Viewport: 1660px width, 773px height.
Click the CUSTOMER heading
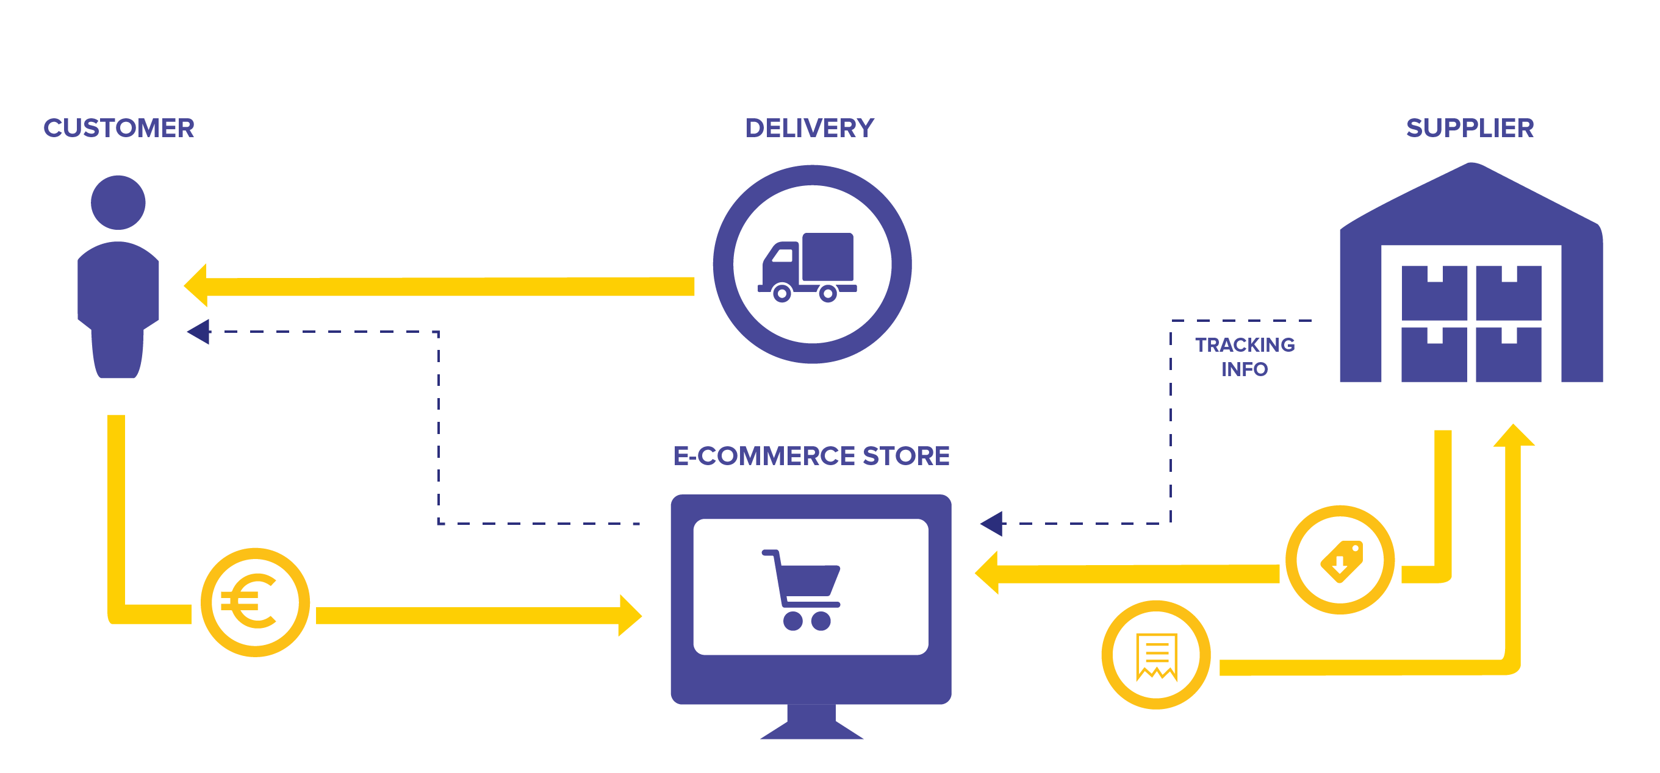click(118, 127)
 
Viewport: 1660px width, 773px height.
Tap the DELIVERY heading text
click(810, 127)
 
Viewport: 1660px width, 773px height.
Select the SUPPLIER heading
click(1470, 127)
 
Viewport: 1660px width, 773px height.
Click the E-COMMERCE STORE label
click(811, 455)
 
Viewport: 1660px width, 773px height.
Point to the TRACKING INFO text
click(1245, 357)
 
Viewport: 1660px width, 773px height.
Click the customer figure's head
click(118, 202)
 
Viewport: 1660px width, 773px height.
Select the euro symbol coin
click(255, 602)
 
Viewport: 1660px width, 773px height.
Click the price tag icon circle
click(1340, 560)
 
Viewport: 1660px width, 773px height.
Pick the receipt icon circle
click(1156, 655)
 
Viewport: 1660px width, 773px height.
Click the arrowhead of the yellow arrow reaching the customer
click(195, 285)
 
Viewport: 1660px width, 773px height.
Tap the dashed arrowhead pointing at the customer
click(198, 332)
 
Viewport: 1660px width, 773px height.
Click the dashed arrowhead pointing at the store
click(992, 524)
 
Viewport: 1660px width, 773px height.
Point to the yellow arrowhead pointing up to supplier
click(1514, 435)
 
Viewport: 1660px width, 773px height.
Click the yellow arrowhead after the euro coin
click(630, 615)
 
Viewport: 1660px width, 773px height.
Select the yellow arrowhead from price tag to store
click(986, 572)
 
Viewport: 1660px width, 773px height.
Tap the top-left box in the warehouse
click(1434, 293)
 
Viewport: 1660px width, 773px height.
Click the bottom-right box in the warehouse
click(1509, 354)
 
